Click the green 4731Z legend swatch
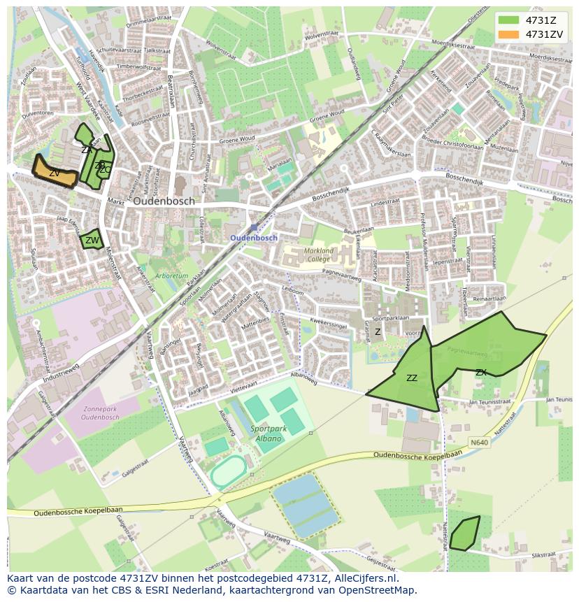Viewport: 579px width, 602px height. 508,20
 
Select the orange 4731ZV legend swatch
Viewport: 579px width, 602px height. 508,34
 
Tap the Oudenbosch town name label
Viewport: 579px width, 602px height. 164,201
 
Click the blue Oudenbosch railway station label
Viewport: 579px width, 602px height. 254,238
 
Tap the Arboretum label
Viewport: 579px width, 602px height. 172,276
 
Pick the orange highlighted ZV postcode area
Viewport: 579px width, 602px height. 54,172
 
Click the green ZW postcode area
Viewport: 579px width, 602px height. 92,240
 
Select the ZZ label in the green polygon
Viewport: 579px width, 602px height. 412,378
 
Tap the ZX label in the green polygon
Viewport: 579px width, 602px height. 480,373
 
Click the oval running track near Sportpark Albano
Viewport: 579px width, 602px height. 229,473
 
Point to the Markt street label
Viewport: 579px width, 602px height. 115,201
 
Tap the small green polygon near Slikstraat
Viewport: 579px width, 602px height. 464,533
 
